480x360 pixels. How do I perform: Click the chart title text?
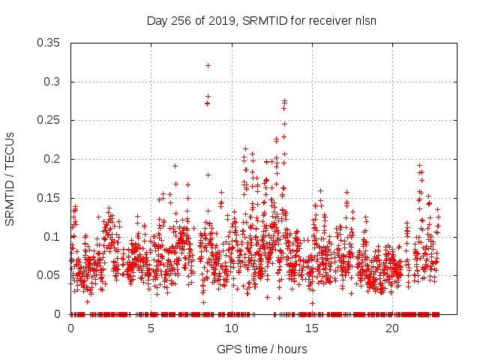261,20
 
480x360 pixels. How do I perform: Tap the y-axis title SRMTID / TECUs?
10,178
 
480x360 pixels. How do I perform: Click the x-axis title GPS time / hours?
261,349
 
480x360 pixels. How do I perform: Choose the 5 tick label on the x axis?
151,328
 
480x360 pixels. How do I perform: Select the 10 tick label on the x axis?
232,328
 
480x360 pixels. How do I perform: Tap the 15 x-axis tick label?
312,328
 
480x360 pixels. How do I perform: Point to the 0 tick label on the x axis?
70,328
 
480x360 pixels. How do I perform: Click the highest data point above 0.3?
208,65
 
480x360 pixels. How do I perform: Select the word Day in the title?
155,20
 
